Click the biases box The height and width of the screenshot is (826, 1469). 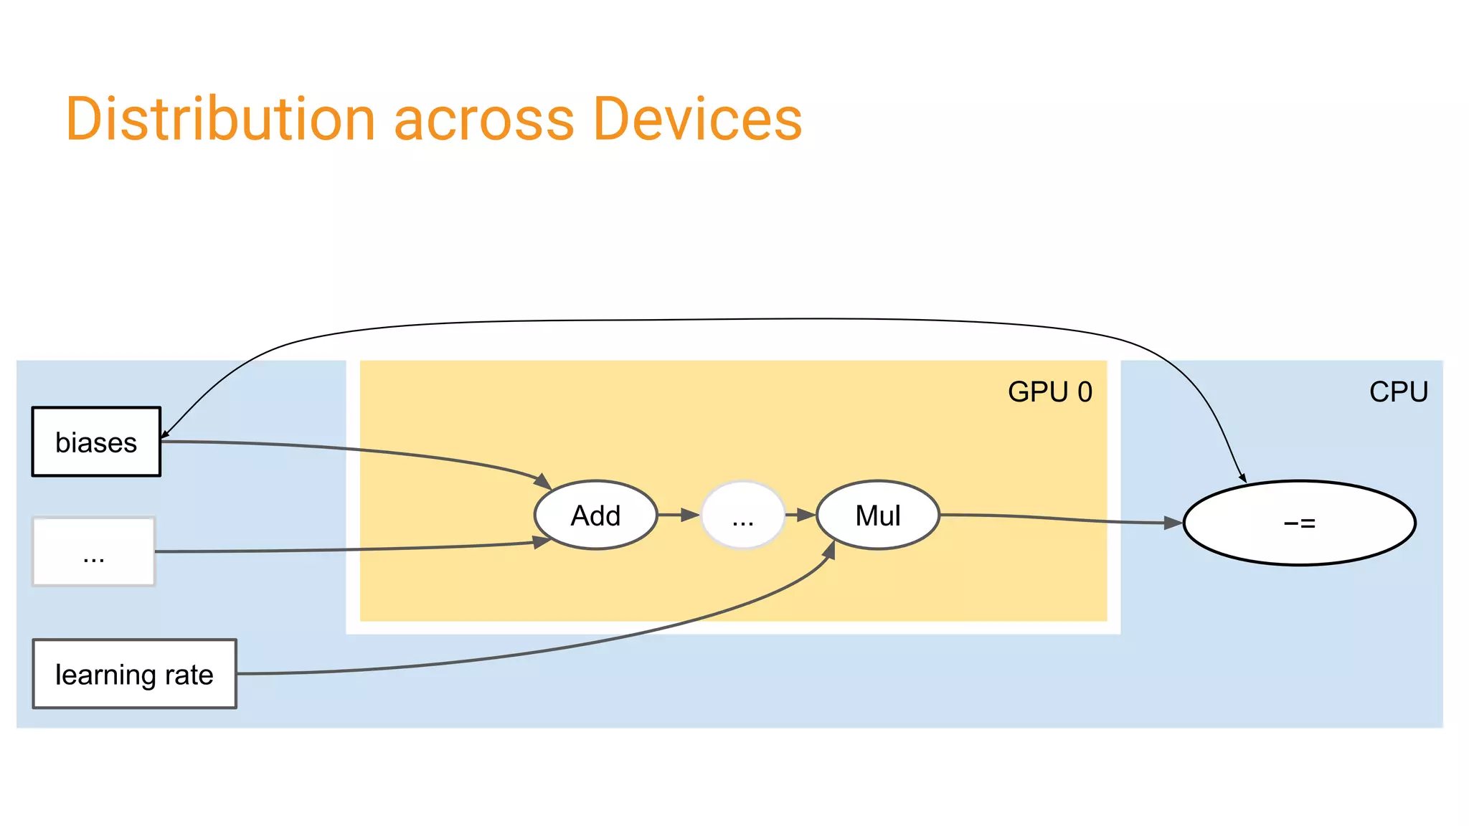(96, 442)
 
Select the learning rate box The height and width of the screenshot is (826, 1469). (134, 674)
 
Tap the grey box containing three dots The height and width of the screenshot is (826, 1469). (94, 552)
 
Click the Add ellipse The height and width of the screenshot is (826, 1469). (595, 516)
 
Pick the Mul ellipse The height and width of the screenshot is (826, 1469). (878, 516)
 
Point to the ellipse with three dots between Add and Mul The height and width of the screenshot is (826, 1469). (743, 516)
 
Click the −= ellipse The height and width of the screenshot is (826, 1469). (1299, 523)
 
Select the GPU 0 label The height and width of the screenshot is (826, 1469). (1049, 392)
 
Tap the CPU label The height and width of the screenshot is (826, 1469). (1398, 392)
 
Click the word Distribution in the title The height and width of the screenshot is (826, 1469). (220, 120)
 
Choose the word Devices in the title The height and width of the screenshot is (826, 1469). (697, 120)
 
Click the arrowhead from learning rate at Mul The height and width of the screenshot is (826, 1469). (830, 550)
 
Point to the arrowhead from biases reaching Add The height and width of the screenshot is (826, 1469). (543, 481)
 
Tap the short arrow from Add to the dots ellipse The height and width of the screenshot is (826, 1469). (679, 515)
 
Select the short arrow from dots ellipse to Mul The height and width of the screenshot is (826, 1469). (800, 515)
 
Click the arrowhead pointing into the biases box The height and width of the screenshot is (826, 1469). (164, 435)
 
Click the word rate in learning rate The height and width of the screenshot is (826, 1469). (189, 675)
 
